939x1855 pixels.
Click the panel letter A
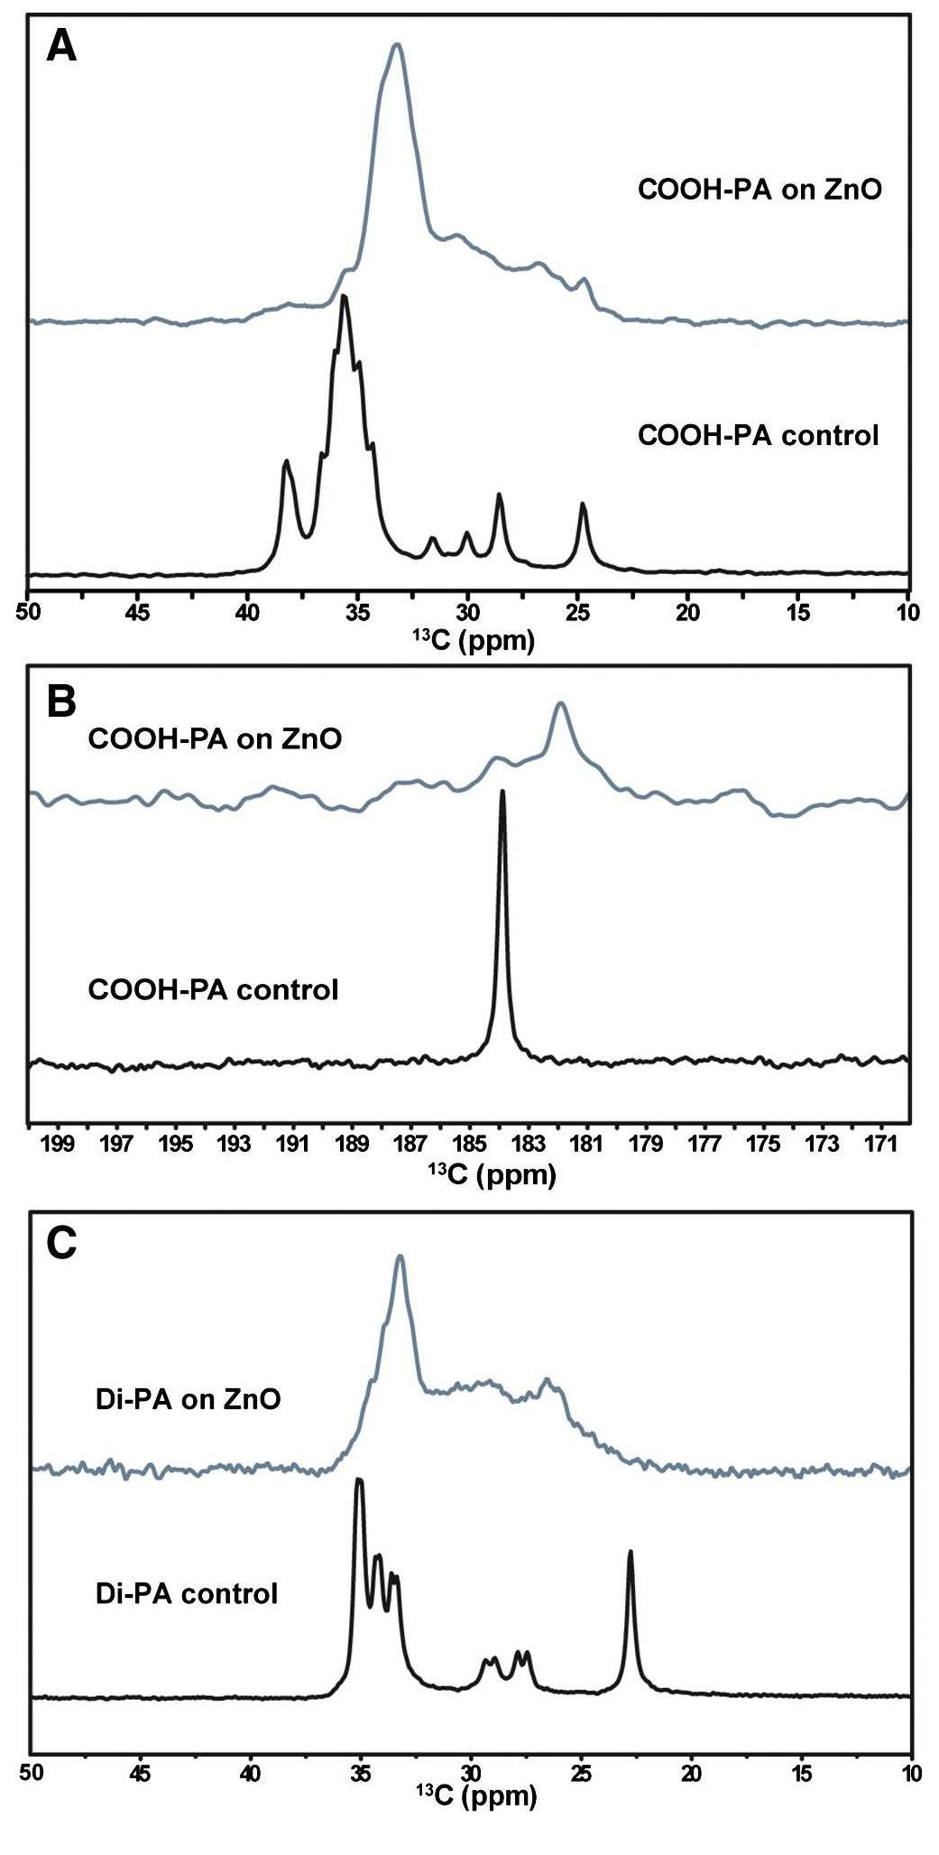(x=61, y=46)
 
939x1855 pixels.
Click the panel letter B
(x=60, y=701)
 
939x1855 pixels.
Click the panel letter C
(x=61, y=1245)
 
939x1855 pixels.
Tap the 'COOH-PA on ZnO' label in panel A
(x=759, y=190)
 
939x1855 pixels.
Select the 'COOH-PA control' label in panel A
(x=758, y=436)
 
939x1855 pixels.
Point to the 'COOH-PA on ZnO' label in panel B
(x=215, y=739)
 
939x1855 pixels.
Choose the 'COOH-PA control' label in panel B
(x=213, y=989)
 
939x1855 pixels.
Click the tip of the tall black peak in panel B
(x=502, y=793)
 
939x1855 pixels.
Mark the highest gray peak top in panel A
(x=396, y=45)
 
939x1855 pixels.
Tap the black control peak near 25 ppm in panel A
(x=583, y=506)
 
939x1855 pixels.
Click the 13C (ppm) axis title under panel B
(x=492, y=1175)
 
